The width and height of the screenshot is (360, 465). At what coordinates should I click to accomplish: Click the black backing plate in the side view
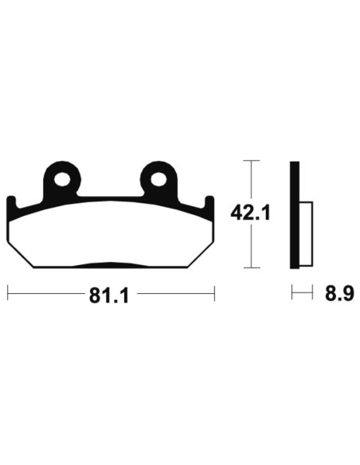tap(295, 214)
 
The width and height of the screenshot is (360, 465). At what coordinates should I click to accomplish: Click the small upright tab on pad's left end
tap(11, 205)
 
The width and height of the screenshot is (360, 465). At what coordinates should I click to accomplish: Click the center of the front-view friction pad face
tap(112, 235)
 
